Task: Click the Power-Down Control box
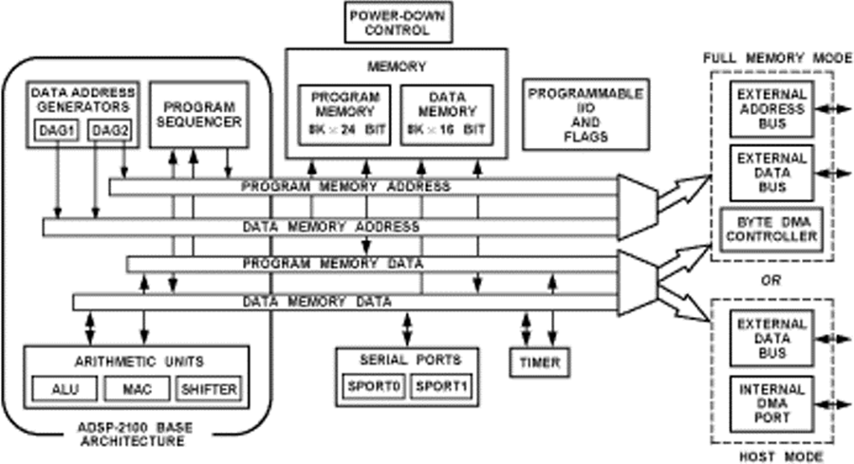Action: [x=387, y=22]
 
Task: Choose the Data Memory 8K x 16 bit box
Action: [x=446, y=112]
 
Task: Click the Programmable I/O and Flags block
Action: [x=585, y=114]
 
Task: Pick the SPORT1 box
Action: [x=440, y=385]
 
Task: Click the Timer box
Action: [x=540, y=362]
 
